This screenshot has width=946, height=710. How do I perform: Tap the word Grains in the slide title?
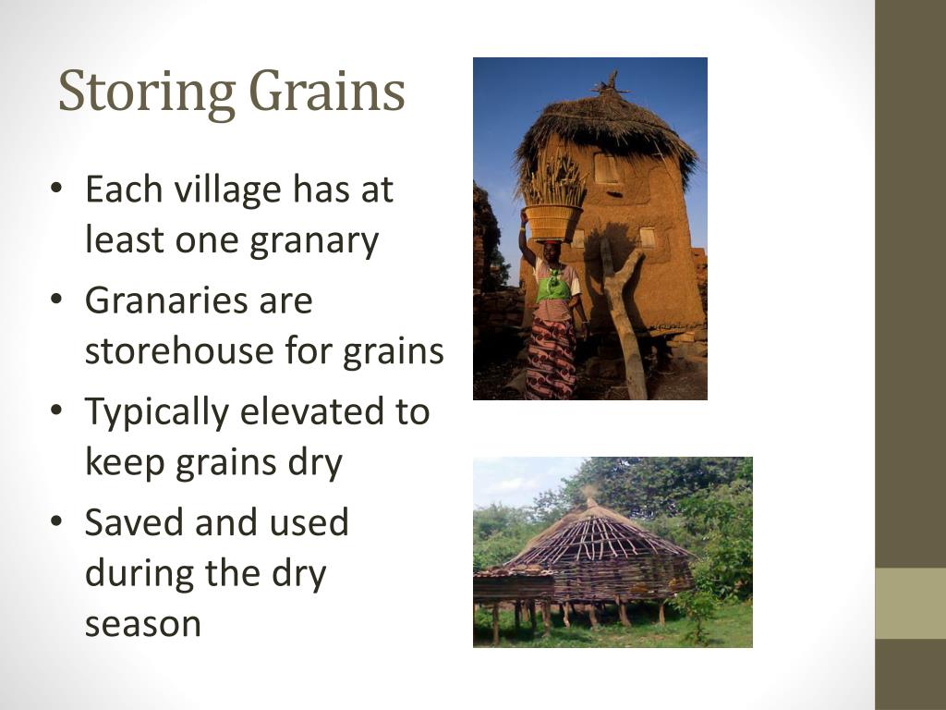point(327,92)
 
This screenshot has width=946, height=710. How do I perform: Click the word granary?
point(314,240)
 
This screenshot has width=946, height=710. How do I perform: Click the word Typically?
point(155,412)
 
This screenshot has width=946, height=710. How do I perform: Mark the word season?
point(143,624)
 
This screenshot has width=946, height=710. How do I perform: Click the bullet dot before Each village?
point(57,190)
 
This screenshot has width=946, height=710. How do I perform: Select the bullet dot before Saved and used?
point(57,523)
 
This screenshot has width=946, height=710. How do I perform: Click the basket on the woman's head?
point(552,220)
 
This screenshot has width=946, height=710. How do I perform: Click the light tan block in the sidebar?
point(910,603)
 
